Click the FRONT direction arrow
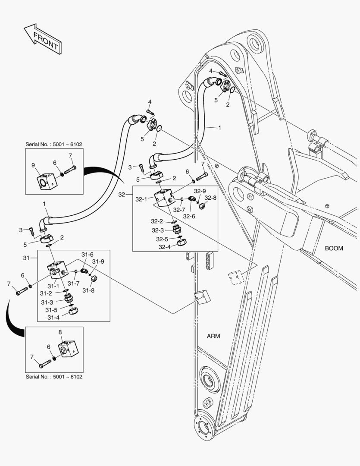[43, 39]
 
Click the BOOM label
[334, 248]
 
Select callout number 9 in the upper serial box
[33, 165]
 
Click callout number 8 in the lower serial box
[60, 333]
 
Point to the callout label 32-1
[141, 200]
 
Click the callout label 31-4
[53, 317]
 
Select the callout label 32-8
[210, 198]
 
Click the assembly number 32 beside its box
[122, 195]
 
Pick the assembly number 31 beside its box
[27, 258]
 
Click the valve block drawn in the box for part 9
[47, 181]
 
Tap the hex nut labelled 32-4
[182, 242]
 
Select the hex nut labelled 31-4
[72, 311]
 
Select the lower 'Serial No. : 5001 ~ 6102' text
[54, 377]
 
